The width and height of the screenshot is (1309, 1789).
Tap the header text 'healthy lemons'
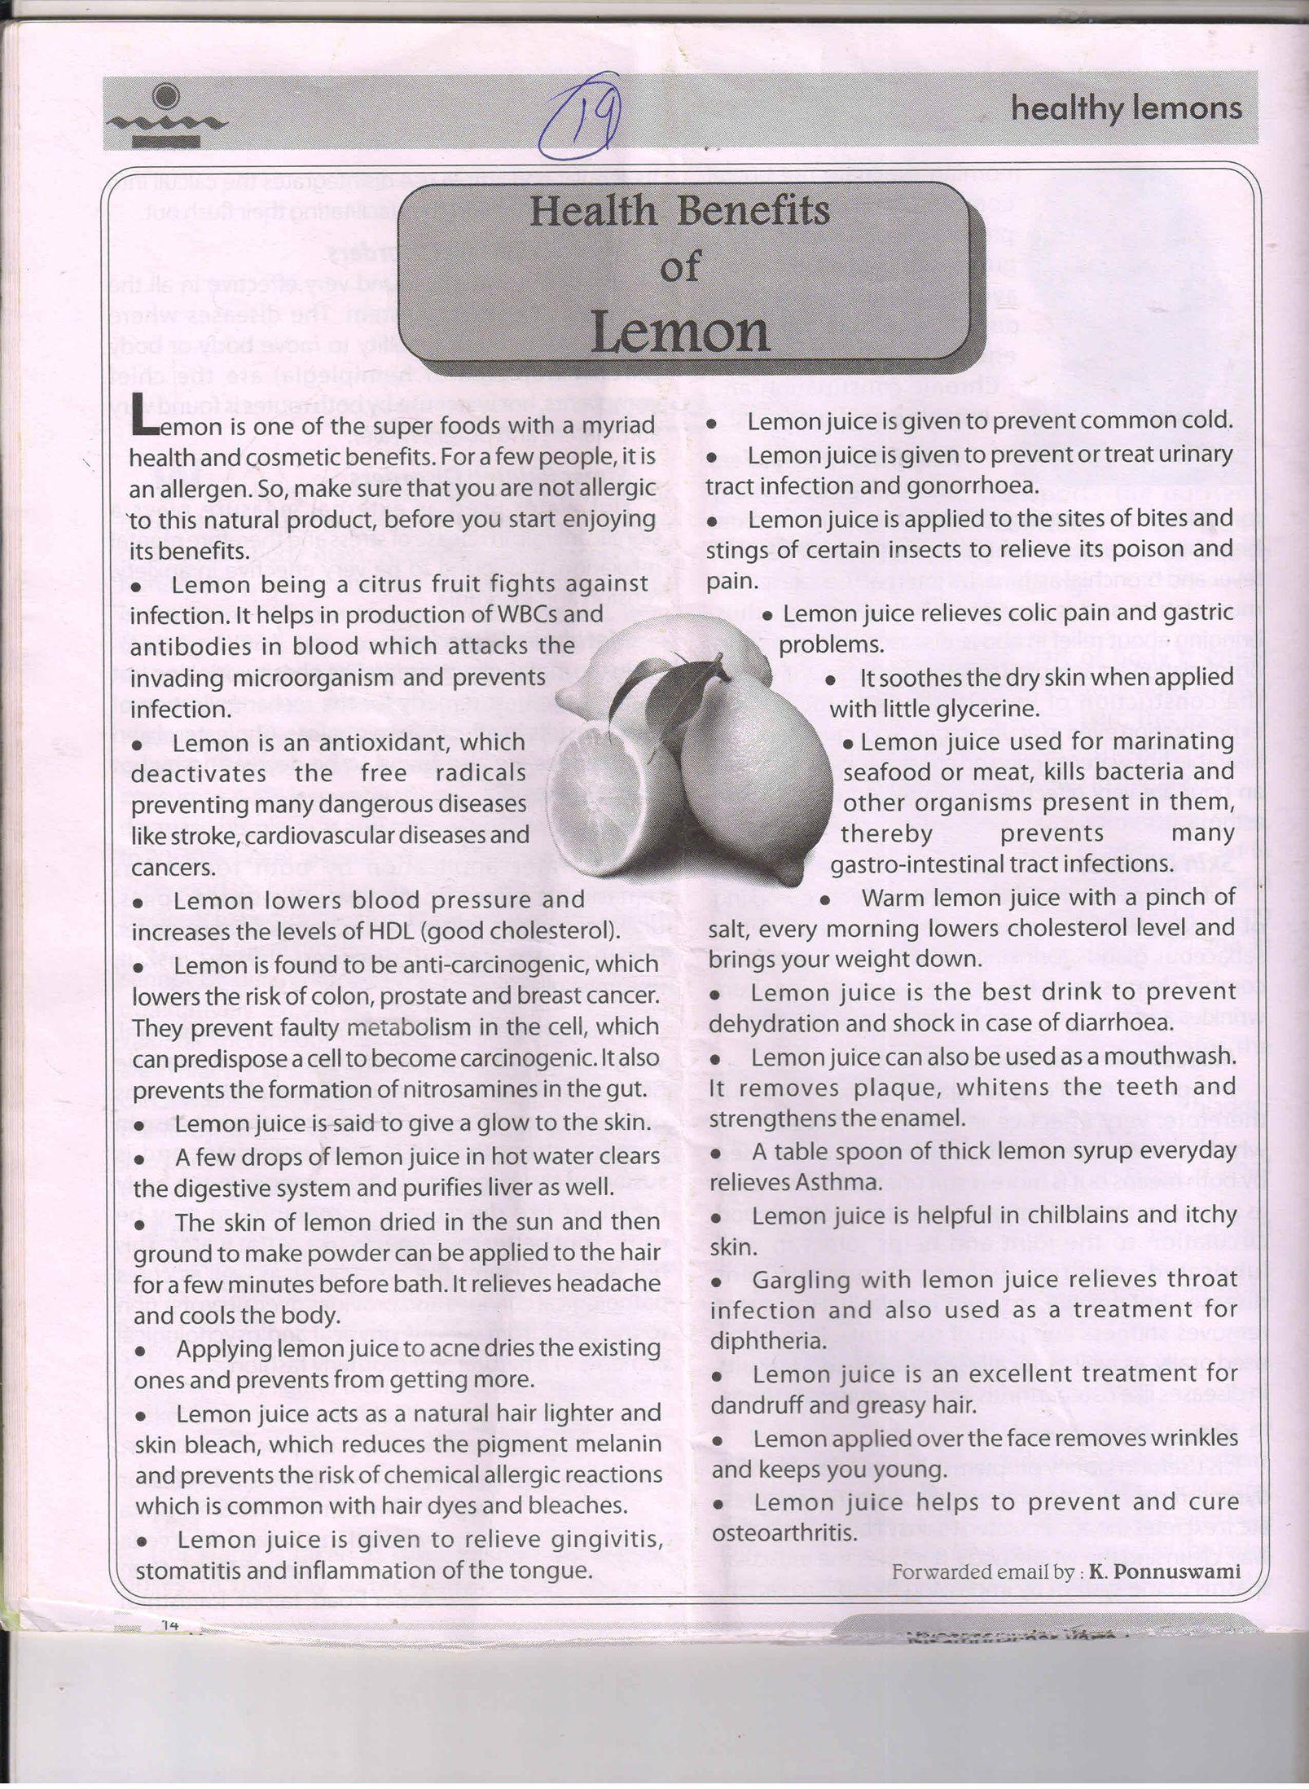tap(1126, 108)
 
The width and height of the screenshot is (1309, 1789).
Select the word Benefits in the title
tap(753, 212)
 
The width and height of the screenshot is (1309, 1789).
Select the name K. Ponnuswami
tap(1165, 1571)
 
